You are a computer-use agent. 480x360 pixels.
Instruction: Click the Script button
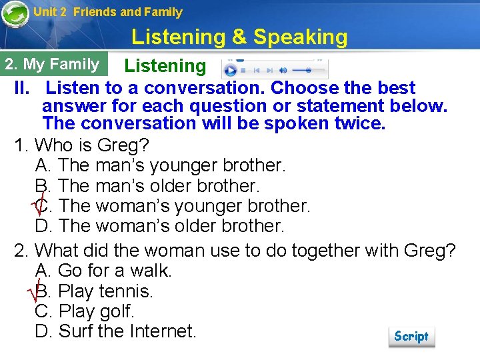[x=411, y=336]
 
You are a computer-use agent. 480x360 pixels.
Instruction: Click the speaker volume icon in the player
[x=283, y=70]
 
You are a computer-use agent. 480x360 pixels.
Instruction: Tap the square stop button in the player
[x=243, y=70]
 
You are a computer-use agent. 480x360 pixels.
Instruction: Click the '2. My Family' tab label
[x=52, y=65]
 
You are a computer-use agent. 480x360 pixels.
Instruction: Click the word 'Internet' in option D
[x=158, y=331]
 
